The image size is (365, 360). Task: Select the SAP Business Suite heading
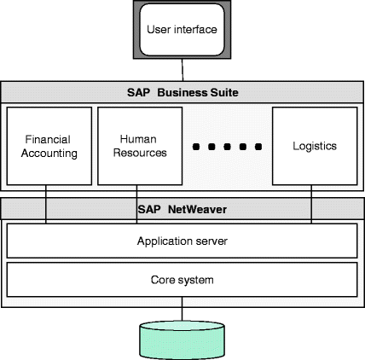pos(182,91)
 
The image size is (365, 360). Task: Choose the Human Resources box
pos(139,146)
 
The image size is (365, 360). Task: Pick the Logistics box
pos(312,146)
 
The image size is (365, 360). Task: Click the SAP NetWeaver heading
pos(182,207)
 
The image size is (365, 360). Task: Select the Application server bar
pos(182,241)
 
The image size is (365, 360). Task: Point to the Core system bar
pos(182,278)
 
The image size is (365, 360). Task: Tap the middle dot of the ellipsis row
pos(226,148)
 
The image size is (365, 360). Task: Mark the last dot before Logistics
pos(258,148)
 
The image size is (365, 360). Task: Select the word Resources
pos(139,154)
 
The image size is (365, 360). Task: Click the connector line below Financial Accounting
pos(46,205)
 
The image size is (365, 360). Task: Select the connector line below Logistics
pos(312,205)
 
